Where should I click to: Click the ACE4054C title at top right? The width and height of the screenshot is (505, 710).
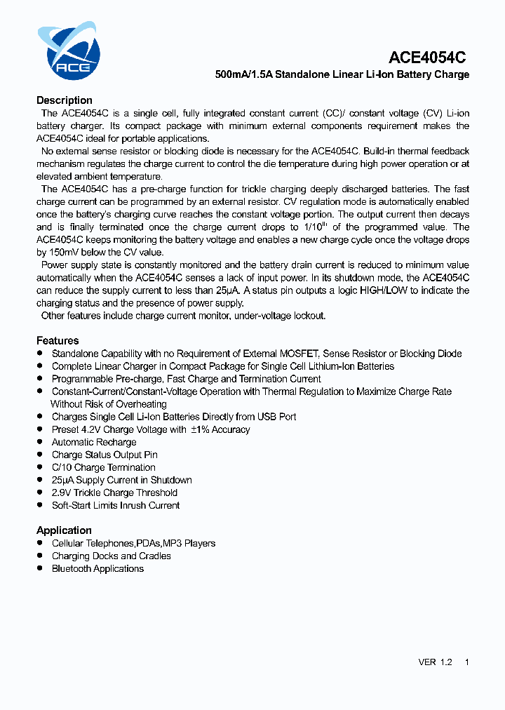coord(427,58)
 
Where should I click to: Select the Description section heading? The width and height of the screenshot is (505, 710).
coord(65,100)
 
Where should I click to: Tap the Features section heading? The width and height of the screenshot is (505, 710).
coord(58,341)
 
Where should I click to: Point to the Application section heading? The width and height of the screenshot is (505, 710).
coord(64,530)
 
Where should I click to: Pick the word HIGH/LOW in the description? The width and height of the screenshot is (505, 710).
coord(384,290)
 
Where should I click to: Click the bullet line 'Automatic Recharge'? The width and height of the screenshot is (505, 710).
coord(94,442)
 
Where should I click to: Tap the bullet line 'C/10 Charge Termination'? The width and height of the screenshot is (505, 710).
coord(103,467)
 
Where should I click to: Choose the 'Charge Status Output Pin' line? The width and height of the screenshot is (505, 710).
coord(105,455)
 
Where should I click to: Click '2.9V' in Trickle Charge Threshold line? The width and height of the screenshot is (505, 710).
coord(61,493)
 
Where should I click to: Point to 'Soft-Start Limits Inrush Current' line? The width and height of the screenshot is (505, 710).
coord(116,505)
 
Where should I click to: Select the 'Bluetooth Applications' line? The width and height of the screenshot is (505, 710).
coord(97,568)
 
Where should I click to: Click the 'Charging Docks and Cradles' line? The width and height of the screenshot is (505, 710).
coord(111,556)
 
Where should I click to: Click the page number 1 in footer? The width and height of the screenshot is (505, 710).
coord(467,662)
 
